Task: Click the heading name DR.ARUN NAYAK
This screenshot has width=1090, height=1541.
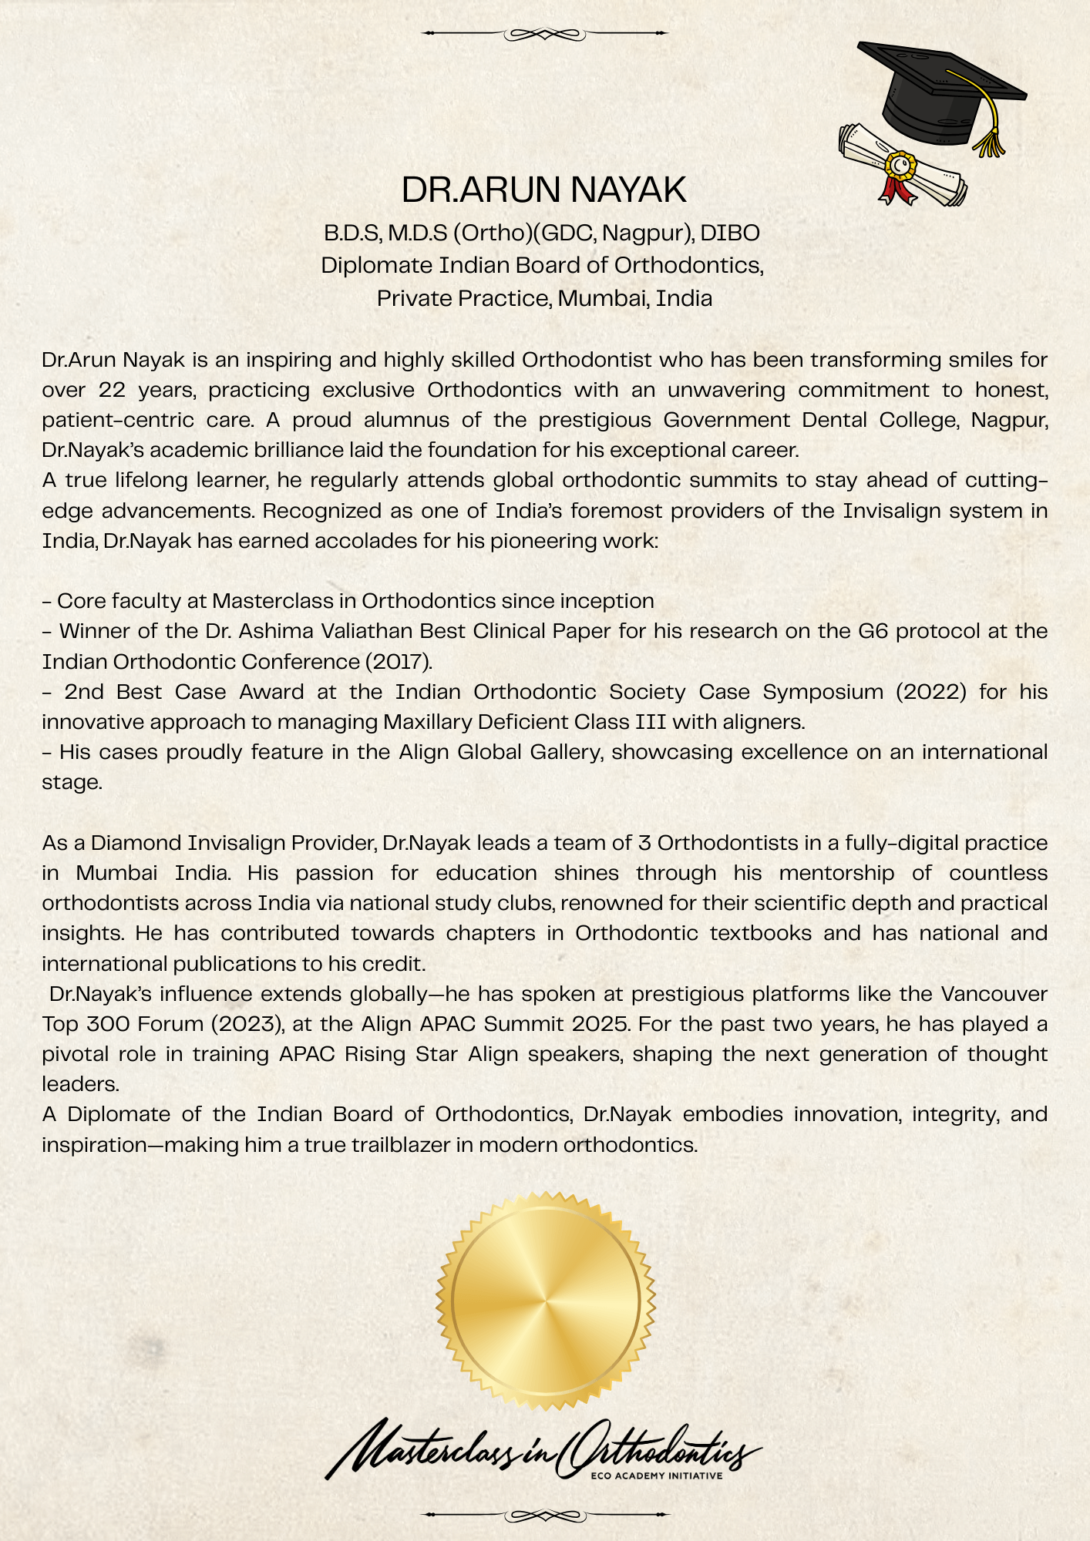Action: [x=543, y=190]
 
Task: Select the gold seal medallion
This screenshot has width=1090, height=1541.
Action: [x=545, y=1301]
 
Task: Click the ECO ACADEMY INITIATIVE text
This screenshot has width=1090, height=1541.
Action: [x=656, y=1476]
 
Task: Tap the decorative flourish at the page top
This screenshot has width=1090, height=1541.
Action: [x=544, y=34]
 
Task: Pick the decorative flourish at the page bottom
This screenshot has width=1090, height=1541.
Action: [x=544, y=1515]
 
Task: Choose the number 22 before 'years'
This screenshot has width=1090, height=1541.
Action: [x=113, y=390]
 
